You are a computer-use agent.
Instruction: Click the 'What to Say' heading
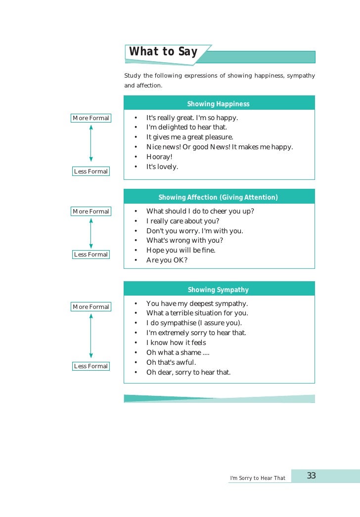click(163, 52)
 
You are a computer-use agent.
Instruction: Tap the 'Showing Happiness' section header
click(218, 104)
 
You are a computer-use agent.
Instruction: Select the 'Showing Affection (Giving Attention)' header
click(218, 197)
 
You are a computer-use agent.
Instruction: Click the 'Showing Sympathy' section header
click(218, 290)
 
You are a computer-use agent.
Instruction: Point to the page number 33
click(312, 476)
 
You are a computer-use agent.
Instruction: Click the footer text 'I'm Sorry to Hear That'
click(258, 478)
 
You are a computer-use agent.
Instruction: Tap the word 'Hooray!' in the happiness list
click(159, 157)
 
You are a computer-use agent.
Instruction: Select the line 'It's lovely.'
click(162, 167)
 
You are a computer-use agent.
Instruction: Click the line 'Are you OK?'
click(167, 260)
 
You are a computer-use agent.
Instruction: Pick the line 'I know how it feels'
click(176, 343)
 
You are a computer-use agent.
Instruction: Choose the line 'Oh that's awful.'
click(171, 362)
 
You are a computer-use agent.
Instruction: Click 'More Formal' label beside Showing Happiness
click(90, 118)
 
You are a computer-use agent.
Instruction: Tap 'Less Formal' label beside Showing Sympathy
click(90, 366)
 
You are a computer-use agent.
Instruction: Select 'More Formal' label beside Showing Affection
click(90, 212)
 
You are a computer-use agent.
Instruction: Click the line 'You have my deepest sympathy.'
click(197, 303)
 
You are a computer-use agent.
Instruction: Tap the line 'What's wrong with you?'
click(184, 240)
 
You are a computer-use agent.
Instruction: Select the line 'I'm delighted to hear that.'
click(186, 128)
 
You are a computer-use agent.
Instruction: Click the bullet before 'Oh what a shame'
click(135, 352)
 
